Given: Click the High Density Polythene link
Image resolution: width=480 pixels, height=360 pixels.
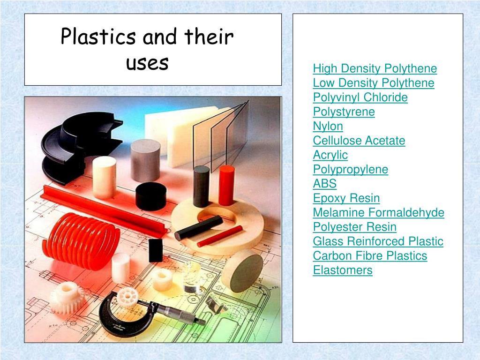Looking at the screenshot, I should coord(375,69).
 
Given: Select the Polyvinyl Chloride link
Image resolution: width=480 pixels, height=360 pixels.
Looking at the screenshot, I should coord(360,97).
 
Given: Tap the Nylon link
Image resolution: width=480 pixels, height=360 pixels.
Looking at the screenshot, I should coord(328,126).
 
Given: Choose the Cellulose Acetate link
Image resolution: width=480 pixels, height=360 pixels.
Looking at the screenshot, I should coord(359,141).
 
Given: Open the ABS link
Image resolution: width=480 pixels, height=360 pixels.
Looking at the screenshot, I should coord(324,184).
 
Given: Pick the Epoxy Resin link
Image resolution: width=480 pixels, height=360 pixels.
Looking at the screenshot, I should coord(346,198).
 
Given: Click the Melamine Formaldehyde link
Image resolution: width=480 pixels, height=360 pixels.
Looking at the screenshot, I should coord(378,213).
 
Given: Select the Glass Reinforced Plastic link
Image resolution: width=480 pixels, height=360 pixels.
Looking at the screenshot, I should coord(378,241).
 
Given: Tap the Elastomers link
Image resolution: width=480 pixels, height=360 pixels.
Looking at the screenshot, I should coord(342,270).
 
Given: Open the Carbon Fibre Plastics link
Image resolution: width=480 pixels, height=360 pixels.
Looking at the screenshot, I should coord(370,256).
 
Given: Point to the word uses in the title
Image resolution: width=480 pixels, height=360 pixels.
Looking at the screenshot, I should coord(147,63).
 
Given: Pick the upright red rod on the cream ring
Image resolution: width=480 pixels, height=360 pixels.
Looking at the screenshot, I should coord(226,185).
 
